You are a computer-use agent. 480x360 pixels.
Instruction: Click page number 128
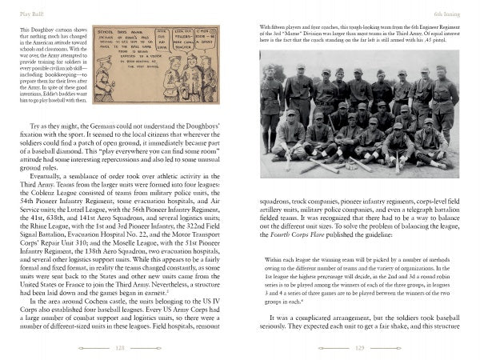(119, 348)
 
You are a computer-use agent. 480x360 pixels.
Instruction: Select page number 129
(359, 348)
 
